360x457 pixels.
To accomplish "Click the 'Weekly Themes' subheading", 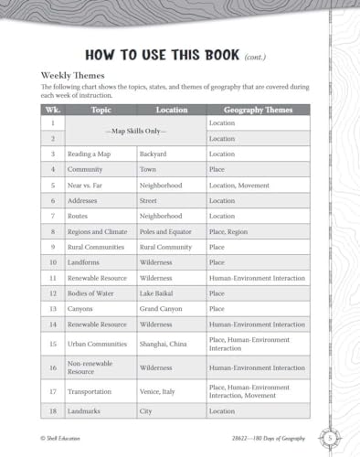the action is (72, 74).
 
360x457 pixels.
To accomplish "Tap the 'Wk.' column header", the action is (53, 109).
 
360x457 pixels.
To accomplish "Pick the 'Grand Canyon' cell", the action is (160, 309).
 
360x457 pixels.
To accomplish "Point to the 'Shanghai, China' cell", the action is (164, 344).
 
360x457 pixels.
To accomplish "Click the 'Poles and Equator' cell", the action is (165, 231).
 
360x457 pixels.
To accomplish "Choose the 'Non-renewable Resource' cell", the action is (93, 367).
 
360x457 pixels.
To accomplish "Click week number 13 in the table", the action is (53, 309).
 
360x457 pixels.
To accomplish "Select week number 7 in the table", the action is (53, 216).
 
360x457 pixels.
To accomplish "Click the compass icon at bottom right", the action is (332, 437).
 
